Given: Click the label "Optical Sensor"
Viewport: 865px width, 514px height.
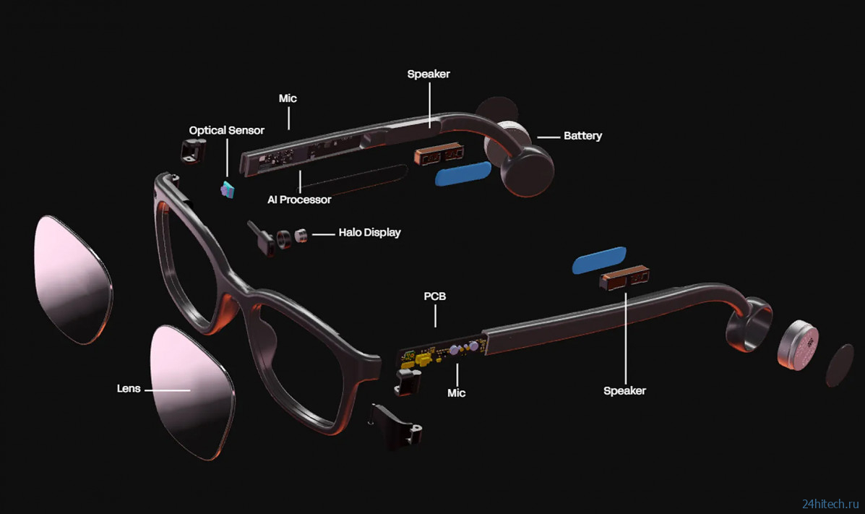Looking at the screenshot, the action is pos(226,130).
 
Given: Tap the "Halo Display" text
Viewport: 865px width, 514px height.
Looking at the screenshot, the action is pos(369,233).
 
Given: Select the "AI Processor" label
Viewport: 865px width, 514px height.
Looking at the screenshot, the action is pos(299,200).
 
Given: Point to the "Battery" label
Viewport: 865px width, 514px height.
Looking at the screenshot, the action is pos(582,136).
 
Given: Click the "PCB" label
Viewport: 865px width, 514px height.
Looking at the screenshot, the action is pos(435,296).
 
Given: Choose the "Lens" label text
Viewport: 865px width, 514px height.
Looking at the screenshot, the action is pos(129,389).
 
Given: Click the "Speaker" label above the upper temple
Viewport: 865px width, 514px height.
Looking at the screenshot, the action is pos(429,74).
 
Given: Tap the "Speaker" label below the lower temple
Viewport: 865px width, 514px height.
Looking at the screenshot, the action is pos(624,391).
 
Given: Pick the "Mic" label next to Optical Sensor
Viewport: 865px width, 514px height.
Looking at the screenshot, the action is pos(288,98).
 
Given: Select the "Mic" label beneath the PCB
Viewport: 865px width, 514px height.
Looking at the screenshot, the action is pos(456,393).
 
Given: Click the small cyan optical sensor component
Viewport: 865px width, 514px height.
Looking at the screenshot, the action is pos(228,189).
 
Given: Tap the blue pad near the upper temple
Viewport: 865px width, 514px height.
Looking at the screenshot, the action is pos(462,174).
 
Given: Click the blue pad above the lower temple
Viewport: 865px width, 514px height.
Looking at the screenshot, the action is pos(599,260).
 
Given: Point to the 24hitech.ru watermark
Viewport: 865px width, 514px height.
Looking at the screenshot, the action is pos(830,503).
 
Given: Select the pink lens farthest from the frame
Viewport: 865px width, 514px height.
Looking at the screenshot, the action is pos(73,279).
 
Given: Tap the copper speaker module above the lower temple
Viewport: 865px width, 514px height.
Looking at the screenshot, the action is pos(624,277).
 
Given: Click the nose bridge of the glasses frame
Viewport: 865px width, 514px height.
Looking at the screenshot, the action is pos(246,293).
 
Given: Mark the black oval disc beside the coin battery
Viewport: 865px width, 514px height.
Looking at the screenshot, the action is pos(840,365).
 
